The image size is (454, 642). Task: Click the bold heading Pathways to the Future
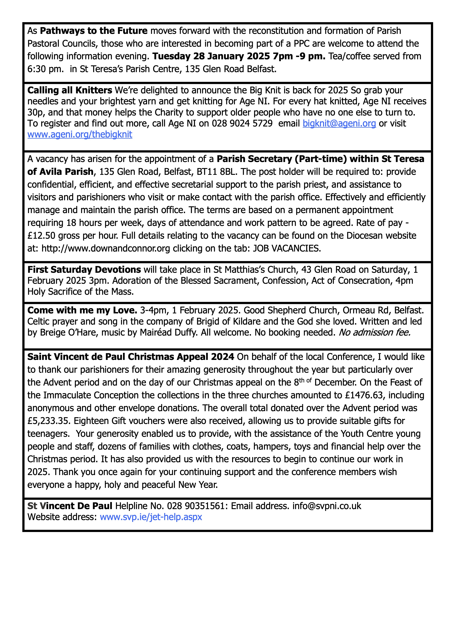click(94, 31)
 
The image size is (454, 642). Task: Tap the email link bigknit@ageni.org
click(339, 123)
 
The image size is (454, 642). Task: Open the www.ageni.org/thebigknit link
click(80, 135)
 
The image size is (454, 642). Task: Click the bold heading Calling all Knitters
click(70, 90)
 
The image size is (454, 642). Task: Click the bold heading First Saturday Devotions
click(84, 269)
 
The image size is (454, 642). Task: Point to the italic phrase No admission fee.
click(375, 332)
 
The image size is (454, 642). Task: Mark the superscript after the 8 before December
click(306, 381)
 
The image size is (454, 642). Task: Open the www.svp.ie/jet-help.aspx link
click(151, 517)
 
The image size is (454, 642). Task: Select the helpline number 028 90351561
click(196, 506)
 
